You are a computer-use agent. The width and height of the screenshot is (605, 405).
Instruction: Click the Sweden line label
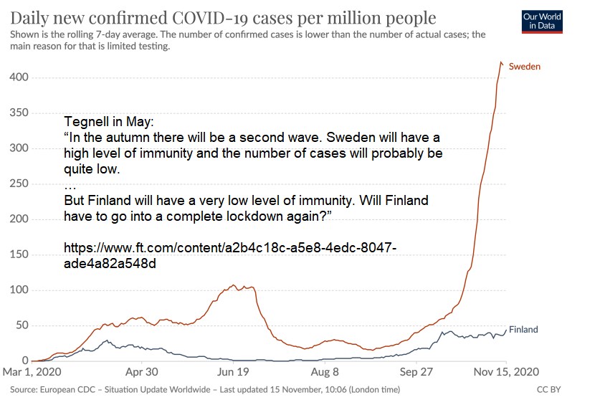(x=524, y=67)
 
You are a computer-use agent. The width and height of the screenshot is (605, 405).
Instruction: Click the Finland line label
(x=523, y=330)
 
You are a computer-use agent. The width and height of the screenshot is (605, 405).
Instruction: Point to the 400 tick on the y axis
(x=19, y=77)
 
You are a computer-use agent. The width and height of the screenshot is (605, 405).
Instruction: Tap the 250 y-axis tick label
(x=19, y=184)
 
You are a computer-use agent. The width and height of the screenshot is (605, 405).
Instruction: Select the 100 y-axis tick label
(x=19, y=290)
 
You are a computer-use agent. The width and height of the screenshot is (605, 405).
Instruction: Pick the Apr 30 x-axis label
(x=141, y=373)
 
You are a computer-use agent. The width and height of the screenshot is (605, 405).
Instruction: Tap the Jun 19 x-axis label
(x=234, y=373)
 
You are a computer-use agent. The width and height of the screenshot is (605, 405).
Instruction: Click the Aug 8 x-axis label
(x=325, y=373)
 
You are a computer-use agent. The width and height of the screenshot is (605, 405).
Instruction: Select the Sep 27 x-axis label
(x=418, y=373)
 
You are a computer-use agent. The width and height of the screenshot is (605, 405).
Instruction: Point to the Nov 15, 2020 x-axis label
(x=506, y=373)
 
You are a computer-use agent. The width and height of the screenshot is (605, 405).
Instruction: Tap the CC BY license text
(x=548, y=390)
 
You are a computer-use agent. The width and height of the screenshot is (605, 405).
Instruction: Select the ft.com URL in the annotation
(x=229, y=255)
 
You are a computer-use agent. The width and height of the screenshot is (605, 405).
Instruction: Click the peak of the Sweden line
(x=500, y=62)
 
